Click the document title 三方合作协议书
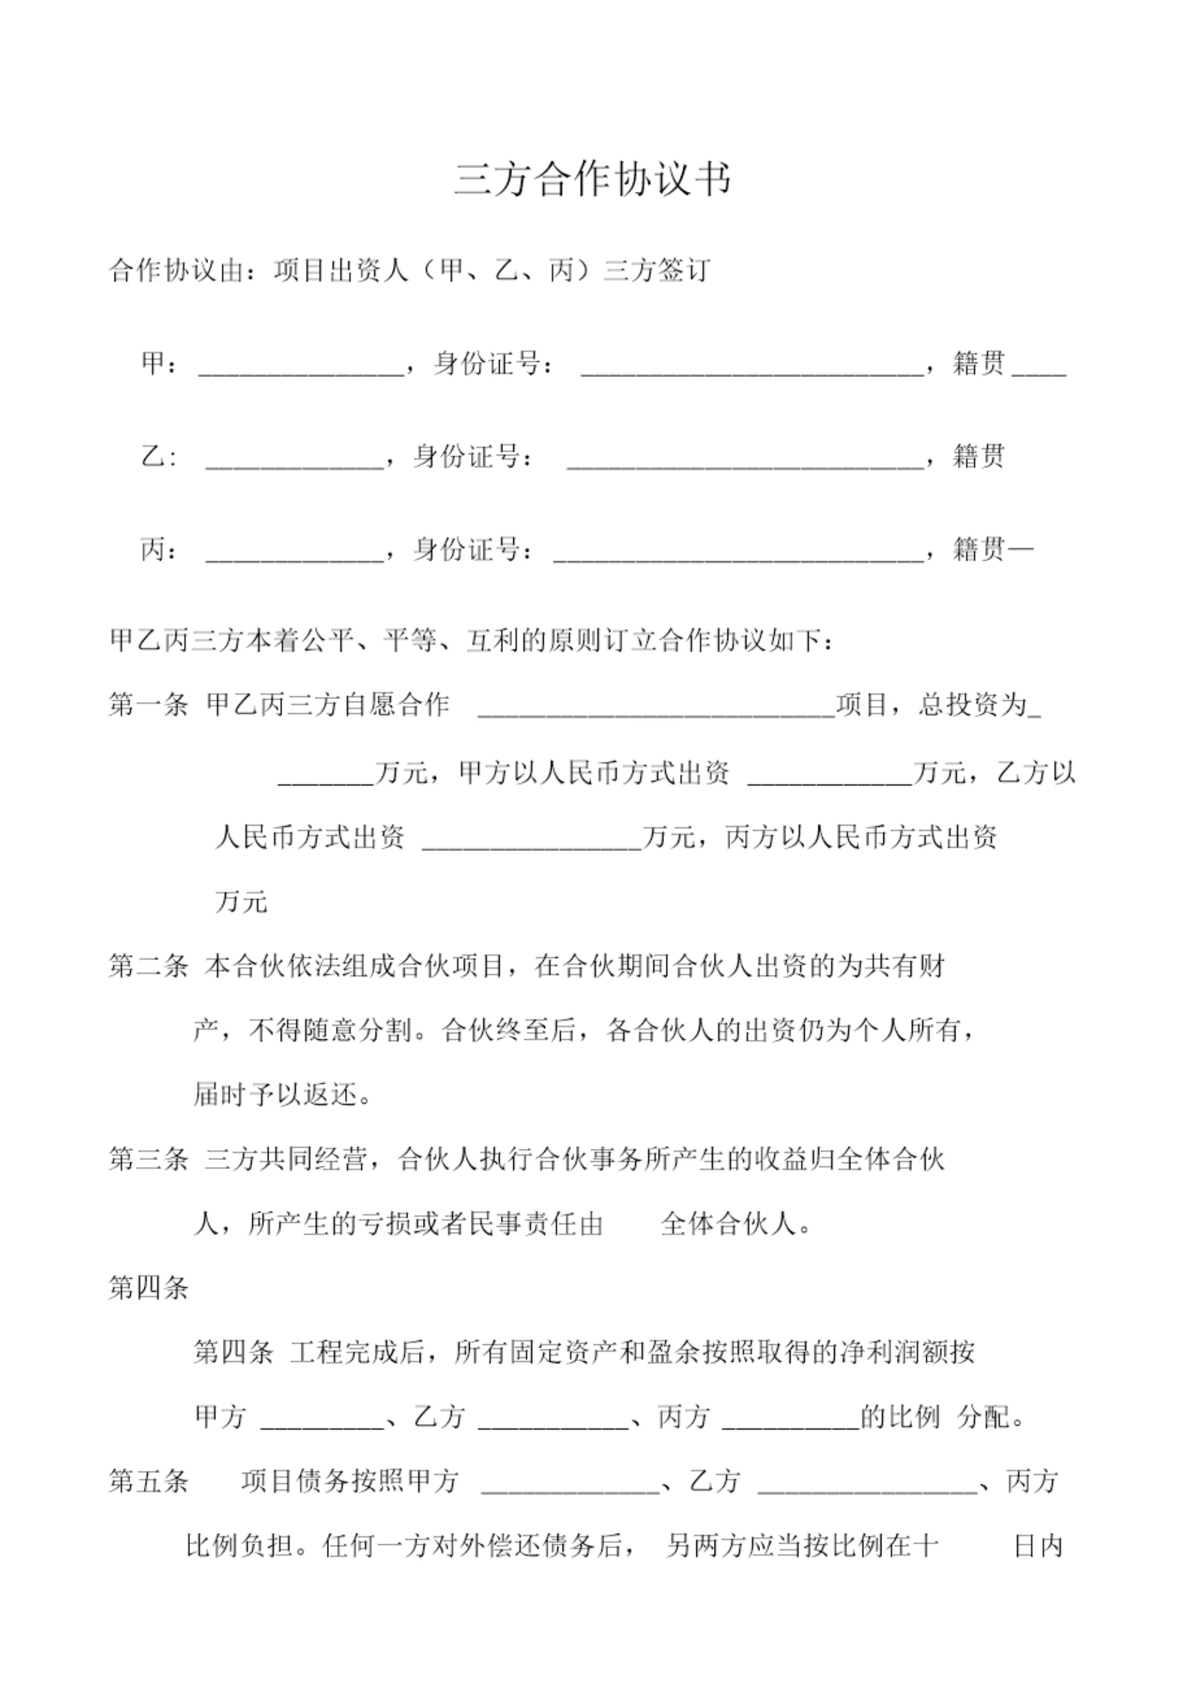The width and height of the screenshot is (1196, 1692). tap(593, 180)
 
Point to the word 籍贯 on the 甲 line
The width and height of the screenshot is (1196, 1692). tap(979, 363)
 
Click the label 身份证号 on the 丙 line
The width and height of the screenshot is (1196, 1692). tap(467, 549)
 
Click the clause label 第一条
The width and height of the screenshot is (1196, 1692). tap(148, 705)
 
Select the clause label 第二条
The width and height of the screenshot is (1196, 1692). tap(148, 966)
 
